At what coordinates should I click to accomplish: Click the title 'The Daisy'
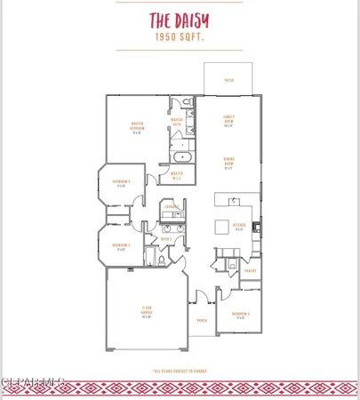(180, 20)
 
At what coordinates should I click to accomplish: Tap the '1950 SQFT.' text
(180, 38)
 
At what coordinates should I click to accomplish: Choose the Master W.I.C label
(176, 175)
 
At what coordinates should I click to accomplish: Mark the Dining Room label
(228, 164)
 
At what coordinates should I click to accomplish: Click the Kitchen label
(239, 227)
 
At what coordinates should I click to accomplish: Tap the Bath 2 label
(166, 239)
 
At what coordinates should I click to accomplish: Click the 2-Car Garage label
(147, 313)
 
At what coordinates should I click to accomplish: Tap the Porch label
(202, 322)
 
